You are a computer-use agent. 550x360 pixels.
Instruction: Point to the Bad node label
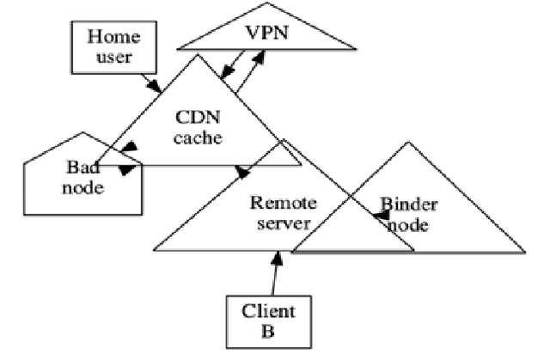pos(82,175)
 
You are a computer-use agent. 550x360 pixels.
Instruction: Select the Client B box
pos(266,319)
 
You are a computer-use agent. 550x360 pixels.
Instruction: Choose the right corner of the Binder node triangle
pos(523,253)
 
